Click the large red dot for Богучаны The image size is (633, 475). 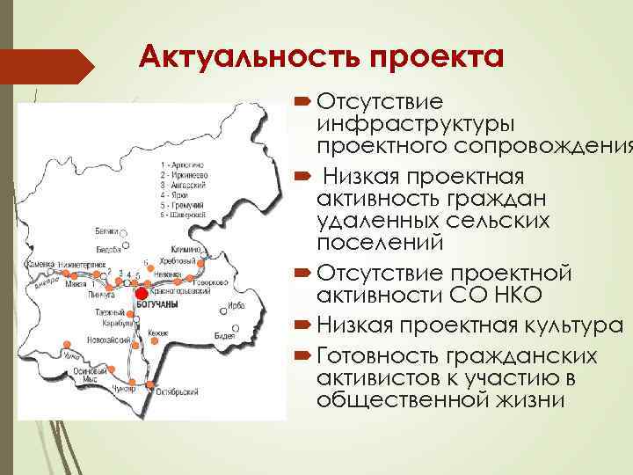[139, 294]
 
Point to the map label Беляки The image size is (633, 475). [107, 230]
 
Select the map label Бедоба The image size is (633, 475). [109, 250]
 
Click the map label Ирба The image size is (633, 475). [236, 306]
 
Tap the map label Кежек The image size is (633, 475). [159, 333]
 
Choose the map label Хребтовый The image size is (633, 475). [179, 262]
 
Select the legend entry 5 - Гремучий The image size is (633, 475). [182, 203]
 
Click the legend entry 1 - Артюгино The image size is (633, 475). [183, 164]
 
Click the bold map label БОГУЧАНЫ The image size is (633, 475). [159, 304]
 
